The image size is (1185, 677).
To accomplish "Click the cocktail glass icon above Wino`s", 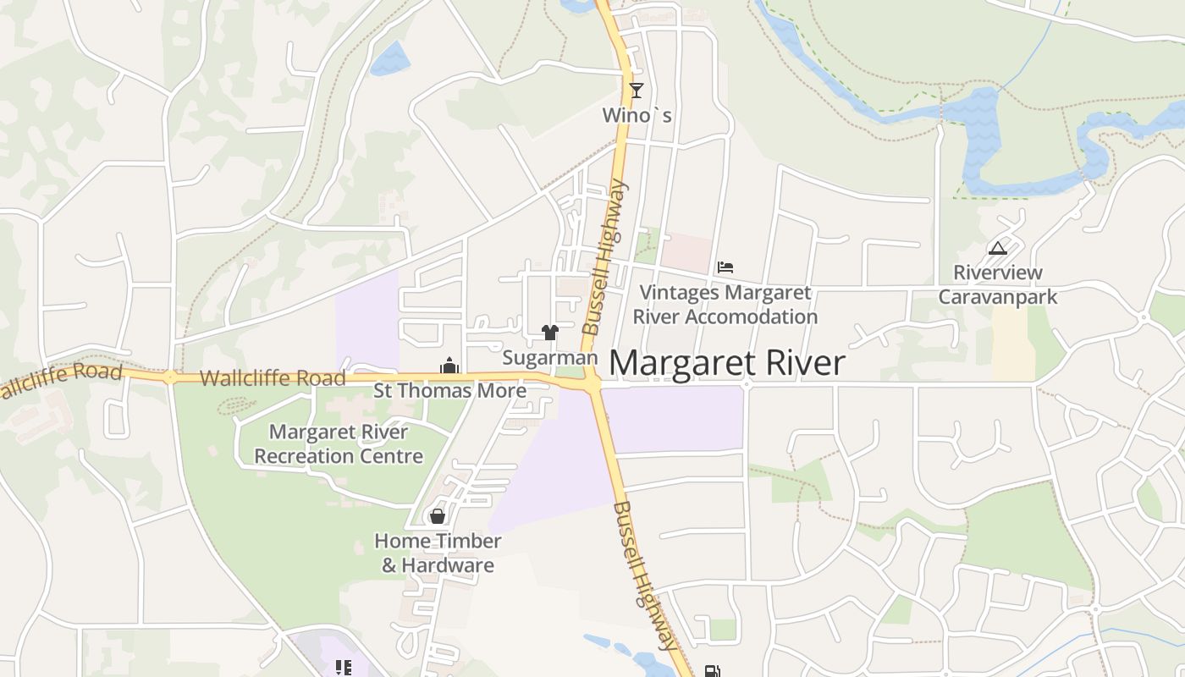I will coord(637,90).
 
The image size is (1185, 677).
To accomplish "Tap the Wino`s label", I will coord(637,115).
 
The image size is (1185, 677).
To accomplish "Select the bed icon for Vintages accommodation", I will coord(725,267).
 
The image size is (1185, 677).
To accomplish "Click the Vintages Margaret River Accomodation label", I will coord(725,305).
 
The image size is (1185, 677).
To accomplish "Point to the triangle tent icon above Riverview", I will coord(998,248).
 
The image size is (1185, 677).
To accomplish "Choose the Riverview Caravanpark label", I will coord(998,284).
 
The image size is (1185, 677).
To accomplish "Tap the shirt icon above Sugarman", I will coord(550,333).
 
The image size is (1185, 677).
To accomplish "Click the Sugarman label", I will coord(550,358).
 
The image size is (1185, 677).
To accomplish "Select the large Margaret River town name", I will coord(727,363).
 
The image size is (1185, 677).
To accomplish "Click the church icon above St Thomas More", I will coord(449,366).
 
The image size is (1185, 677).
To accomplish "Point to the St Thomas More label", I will coord(449,391).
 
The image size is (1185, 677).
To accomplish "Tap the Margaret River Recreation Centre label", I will coord(339,444).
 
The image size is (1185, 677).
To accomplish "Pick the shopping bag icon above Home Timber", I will coord(438,515).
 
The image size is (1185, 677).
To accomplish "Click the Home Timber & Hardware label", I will coord(438,553).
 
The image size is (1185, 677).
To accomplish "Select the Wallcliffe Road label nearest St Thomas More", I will coord(272,377).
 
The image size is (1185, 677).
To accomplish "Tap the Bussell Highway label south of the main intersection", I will coord(645,575).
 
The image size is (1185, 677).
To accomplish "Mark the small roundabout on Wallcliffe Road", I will coord(170,377).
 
